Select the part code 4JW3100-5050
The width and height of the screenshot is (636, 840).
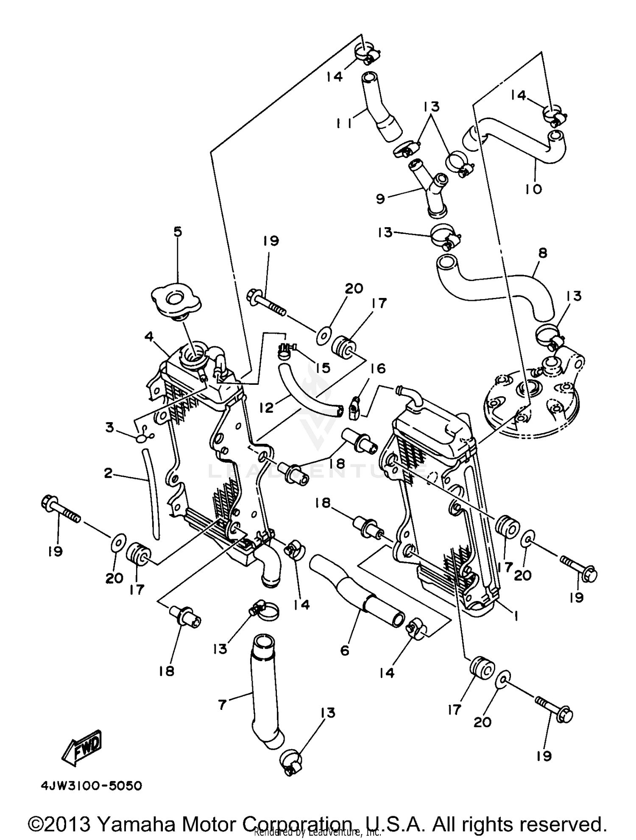[x=91, y=786]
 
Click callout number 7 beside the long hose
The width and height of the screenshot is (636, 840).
[x=222, y=705]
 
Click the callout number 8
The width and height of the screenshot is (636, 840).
[x=542, y=253]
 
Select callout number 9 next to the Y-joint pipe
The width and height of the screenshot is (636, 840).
[x=380, y=198]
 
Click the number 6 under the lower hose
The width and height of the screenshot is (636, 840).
[x=344, y=650]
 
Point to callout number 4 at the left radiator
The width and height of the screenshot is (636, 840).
[x=148, y=337]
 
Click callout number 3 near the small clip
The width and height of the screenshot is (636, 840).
[x=110, y=428]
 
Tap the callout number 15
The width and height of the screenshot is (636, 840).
[x=323, y=367]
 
